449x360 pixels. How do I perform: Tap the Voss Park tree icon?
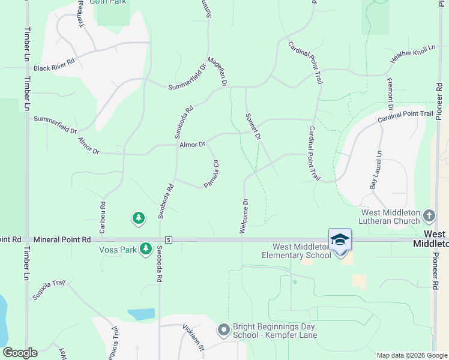[145, 248]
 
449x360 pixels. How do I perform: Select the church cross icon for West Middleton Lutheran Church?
[429, 215]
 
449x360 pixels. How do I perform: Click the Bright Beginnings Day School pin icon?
[224, 330]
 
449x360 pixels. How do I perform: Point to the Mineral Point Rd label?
[62, 239]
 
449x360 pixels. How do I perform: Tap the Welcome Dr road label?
[244, 216]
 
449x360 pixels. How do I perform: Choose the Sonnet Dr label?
[253, 127]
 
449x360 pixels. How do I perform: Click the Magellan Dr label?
[216, 71]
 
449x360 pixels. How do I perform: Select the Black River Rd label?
[54, 68]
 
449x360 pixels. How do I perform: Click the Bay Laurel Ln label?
[376, 170]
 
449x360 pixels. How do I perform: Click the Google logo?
[20, 353]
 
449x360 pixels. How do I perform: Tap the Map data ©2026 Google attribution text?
[411, 355]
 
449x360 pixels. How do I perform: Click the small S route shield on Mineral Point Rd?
[169, 239]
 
